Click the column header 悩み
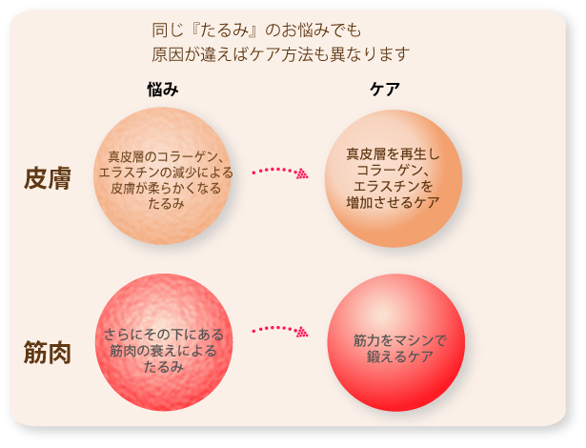163,90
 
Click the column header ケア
385,90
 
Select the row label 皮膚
48,178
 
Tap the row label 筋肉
48,353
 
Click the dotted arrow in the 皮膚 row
279,172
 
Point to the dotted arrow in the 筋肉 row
279,330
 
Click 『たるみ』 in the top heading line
224,30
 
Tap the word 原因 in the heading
167,54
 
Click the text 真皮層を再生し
393,154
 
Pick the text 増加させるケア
393,202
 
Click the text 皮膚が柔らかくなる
166,188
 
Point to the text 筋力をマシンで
399,340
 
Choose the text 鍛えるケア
399,356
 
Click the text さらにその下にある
164,335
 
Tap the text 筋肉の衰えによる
164,351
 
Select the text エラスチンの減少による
166,173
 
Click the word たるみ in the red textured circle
164,367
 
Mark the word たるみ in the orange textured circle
166,204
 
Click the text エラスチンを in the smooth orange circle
393,186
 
